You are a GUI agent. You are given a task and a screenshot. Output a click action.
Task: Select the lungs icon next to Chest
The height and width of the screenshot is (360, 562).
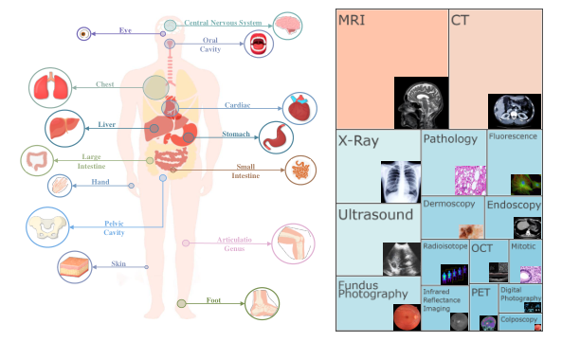[47, 87]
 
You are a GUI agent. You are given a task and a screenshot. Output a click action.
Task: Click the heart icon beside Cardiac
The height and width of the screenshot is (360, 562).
[300, 108]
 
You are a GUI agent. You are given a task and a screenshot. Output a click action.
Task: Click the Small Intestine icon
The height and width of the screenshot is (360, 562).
[302, 171]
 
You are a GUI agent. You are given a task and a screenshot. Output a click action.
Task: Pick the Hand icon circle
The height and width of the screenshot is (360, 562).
[61, 186]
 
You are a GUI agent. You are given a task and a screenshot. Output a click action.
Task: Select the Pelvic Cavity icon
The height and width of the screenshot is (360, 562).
[45, 227]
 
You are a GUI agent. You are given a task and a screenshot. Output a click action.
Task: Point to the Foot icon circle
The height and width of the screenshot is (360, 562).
[261, 303]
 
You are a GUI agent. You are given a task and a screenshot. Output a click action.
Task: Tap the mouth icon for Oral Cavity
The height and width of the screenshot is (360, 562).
[258, 44]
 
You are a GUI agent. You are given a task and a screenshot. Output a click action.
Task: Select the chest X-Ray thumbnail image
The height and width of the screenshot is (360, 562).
[399, 183]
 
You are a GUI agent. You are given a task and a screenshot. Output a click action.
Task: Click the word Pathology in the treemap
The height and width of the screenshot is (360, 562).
[450, 139]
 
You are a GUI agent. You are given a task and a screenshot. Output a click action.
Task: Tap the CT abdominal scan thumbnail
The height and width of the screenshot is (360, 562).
[512, 111]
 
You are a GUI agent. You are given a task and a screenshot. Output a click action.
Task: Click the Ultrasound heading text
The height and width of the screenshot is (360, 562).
[375, 215]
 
